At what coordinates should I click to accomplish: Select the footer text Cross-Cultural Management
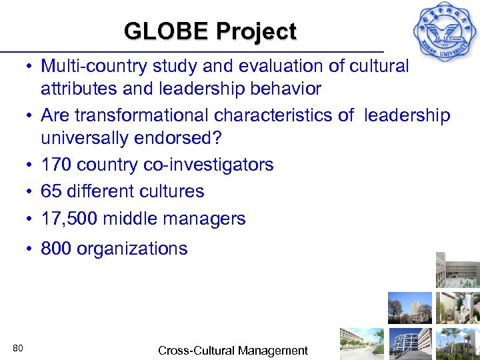pyautogui.click(x=233, y=350)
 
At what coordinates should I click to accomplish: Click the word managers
pyautogui.click(x=207, y=219)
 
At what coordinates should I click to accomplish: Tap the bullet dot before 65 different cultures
pyautogui.click(x=31, y=191)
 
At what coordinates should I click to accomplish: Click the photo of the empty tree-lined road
pyautogui.click(x=361, y=343)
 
